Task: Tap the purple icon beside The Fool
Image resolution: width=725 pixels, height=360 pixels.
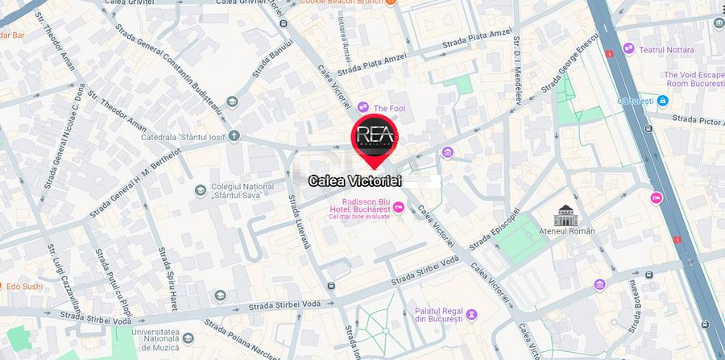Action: click(363, 106)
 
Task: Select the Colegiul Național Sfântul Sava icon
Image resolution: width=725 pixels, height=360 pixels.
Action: click(201, 190)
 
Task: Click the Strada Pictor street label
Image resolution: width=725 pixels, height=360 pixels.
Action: click(702, 122)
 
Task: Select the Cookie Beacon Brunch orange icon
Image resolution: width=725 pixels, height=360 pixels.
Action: click(390, 3)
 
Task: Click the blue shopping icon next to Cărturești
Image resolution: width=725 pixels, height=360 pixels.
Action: click(662, 101)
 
